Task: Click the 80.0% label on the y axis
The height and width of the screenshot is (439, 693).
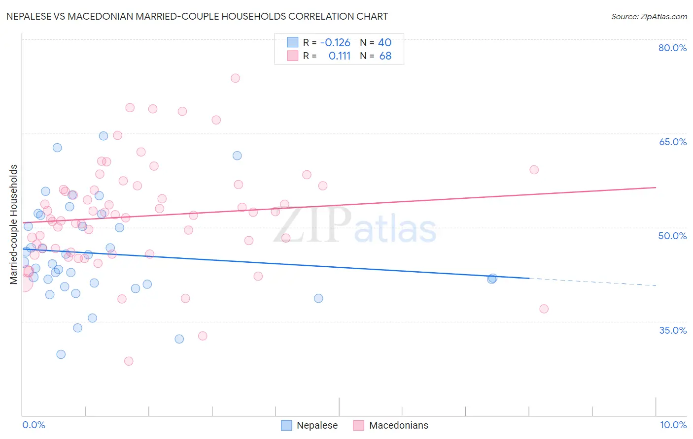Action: (x=672, y=48)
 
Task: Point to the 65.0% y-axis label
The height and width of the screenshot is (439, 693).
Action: (x=672, y=142)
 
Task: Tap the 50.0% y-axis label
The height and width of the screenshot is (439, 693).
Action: (x=672, y=236)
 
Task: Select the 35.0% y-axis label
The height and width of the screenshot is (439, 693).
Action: (x=672, y=330)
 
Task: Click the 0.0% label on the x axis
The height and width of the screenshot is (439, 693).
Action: (x=34, y=425)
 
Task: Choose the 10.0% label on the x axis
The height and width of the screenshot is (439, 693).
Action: (x=673, y=425)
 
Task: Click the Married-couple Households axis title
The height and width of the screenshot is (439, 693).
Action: (x=14, y=224)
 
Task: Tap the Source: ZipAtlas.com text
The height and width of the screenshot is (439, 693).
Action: (x=649, y=16)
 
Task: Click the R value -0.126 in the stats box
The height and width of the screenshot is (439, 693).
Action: (x=335, y=42)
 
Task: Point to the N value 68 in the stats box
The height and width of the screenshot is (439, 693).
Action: (x=385, y=56)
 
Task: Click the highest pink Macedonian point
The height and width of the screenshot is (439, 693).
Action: (x=235, y=78)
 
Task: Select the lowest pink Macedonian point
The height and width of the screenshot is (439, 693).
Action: (x=129, y=361)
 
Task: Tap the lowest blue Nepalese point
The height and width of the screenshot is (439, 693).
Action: (x=61, y=354)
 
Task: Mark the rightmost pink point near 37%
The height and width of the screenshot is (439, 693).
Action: (x=544, y=309)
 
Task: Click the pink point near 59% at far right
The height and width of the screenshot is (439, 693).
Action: (x=534, y=170)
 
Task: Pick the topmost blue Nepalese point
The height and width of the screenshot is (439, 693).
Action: (x=104, y=136)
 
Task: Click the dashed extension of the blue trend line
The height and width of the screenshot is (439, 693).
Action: (x=591, y=282)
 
